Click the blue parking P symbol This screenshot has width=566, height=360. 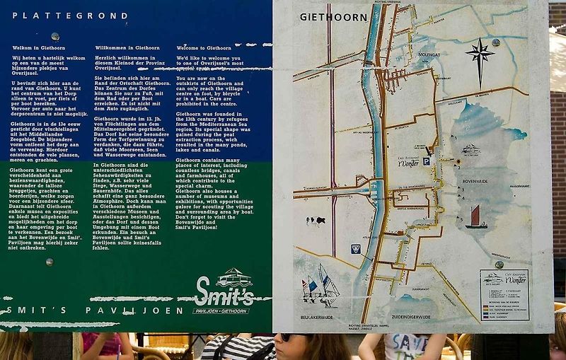pos(427,162)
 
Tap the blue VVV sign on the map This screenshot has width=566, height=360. pos(355,249)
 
